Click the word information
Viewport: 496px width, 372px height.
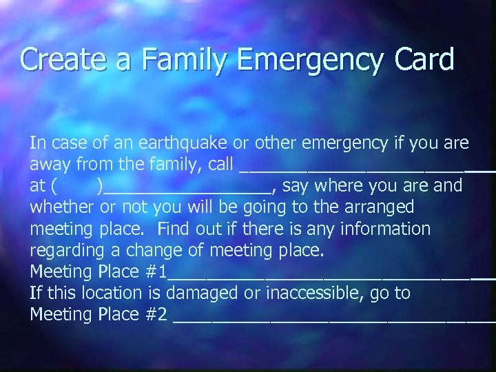[x=382, y=229]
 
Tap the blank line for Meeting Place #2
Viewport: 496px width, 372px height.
[x=333, y=320]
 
